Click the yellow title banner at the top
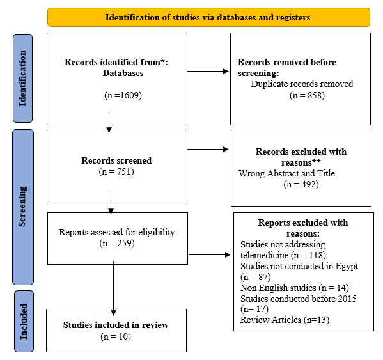pos(208,17)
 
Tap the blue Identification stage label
pos(22,78)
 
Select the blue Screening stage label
pos(23,207)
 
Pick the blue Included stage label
pos(24,321)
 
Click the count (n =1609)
pos(123,95)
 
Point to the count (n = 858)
pos(307,95)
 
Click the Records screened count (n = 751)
pos(116,171)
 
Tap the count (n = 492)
pos(301,184)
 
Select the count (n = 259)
pos(117,243)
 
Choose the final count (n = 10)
pos(116,336)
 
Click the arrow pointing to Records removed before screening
pos(208,72)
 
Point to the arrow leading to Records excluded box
pos(208,149)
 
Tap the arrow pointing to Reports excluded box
pos(210,254)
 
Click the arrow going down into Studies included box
pos(113,288)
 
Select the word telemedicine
pos(264,255)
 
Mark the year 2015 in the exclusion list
pos(347,299)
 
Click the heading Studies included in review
pos(116,325)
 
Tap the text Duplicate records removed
pos(302,84)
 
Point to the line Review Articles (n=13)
pos(285,320)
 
